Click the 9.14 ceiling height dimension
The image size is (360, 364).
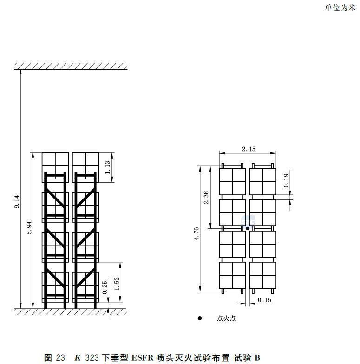click(17, 202)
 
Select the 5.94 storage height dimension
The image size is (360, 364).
click(29, 228)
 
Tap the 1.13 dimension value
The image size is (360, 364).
click(108, 167)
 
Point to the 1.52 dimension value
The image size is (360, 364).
click(117, 284)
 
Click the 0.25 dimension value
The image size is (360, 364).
click(105, 287)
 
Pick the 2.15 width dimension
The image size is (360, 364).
click(249, 149)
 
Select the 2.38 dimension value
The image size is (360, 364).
click(206, 198)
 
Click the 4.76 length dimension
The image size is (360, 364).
click(196, 234)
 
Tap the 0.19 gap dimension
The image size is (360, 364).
click(286, 181)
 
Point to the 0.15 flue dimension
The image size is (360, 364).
click(264, 300)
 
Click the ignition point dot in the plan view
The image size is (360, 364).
click(248, 228)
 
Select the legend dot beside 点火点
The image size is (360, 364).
click(200, 318)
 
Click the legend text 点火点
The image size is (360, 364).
click(226, 318)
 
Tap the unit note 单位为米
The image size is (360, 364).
click(340, 8)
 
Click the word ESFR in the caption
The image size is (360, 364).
click(143, 358)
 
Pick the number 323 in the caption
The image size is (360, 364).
click(92, 358)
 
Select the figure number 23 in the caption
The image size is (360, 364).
click(60, 358)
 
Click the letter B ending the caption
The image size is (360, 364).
click(257, 358)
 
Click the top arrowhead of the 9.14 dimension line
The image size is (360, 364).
click(20, 72)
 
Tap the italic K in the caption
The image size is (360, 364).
click(78, 358)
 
